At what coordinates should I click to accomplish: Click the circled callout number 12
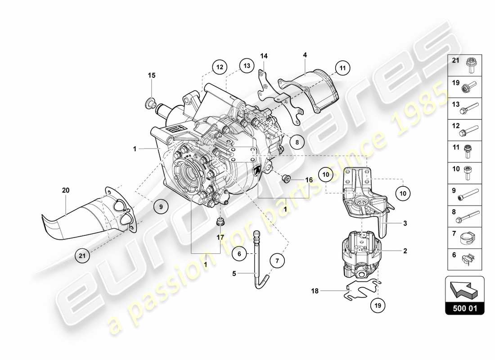pos(219,67)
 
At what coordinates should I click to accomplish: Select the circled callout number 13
pos(246,66)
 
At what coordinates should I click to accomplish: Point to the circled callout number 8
pos(297,141)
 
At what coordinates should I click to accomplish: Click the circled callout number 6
pos(240,254)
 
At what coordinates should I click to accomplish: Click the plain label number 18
pos(315,291)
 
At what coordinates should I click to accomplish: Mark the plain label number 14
pos(264,56)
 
